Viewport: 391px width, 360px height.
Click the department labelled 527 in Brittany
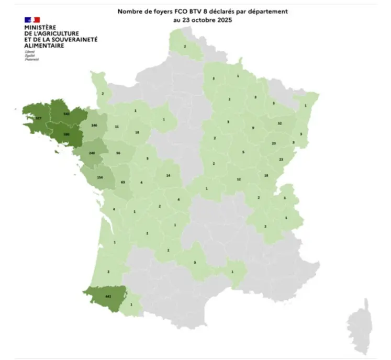pyautogui.click(x=38, y=119)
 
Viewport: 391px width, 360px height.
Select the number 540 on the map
pyautogui.click(x=66, y=114)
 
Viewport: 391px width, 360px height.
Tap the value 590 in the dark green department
pyautogui.click(x=66, y=134)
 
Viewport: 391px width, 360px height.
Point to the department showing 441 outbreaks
pyautogui.click(x=108, y=297)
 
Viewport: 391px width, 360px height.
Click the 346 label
pyautogui.click(x=94, y=126)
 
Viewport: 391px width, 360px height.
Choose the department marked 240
pyautogui.click(x=92, y=153)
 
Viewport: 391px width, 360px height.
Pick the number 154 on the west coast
pyautogui.click(x=100, y=177)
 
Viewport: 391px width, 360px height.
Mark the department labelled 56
pyautogui.click(x=118, y=153)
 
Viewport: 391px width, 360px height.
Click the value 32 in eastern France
pyautogui.click(x=280, y=123)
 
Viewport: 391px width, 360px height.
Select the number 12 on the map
pyautogui.click(x=239, y=179)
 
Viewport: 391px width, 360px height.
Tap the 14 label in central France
pyautogui.click(x=168, y=176)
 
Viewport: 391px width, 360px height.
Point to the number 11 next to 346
pyautogui.click(x=117, y=127)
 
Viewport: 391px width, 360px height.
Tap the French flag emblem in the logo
pyautogui.click(x=32, y=19)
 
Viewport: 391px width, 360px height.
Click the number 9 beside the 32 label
pyautogui.click(x=253, y=128)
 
